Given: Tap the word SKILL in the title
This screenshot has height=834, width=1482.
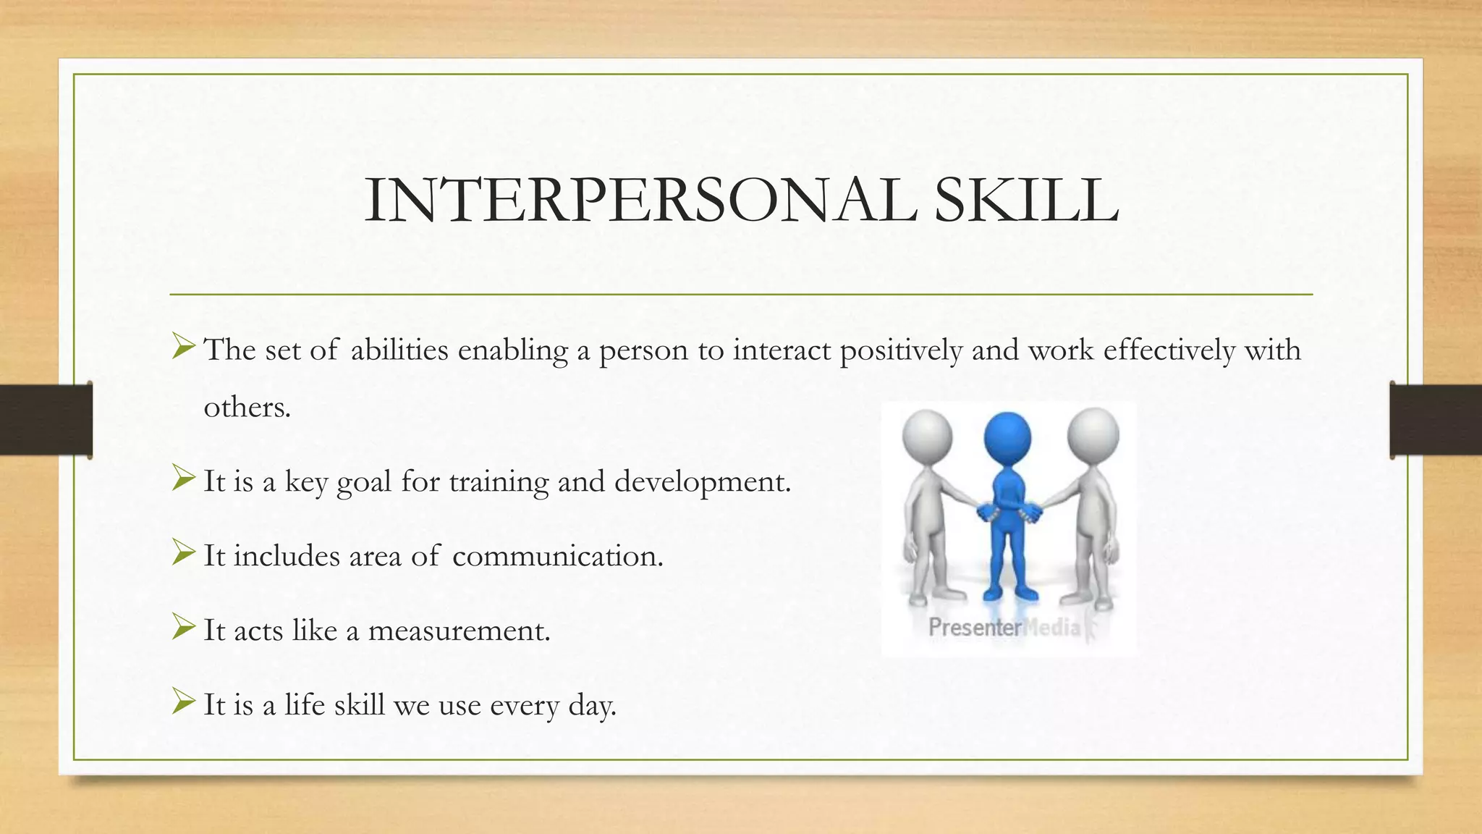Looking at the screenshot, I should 1026,201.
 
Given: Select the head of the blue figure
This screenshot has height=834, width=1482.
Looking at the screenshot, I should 1007,438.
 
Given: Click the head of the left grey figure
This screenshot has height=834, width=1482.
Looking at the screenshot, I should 927,436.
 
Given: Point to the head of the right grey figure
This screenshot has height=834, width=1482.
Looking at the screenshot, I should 1093,434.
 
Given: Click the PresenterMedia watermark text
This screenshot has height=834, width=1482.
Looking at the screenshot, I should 1004,627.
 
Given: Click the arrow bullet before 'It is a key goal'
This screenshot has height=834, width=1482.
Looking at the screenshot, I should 184,478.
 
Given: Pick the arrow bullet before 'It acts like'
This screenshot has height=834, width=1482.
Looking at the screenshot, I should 184,627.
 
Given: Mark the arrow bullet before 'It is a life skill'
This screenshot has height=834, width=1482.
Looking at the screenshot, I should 184,702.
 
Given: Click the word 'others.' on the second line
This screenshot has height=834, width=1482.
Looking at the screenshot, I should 247,408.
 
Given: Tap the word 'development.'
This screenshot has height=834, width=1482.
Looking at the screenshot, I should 703,481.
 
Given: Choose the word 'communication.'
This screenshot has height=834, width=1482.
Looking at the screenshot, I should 557,556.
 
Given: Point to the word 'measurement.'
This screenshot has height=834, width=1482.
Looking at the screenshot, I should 460,631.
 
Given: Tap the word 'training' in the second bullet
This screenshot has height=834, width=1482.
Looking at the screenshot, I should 499,482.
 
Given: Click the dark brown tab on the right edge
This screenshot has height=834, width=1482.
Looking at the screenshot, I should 1436,420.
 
